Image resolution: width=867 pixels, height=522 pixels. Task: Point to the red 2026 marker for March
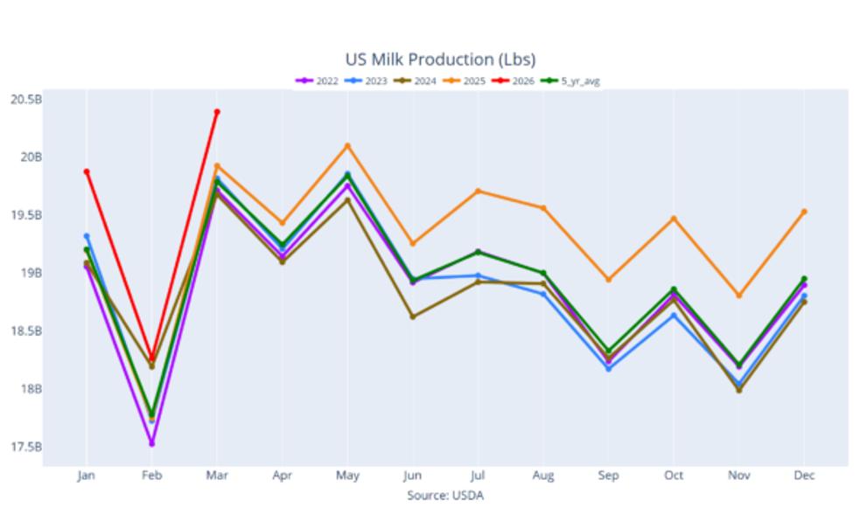click(x=217, y=112)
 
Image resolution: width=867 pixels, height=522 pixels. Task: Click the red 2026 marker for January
click(x=87, y=171)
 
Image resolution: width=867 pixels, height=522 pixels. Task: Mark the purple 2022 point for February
click(x=151, y=443)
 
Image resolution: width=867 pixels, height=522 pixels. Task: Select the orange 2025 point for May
click(x=347, y=146)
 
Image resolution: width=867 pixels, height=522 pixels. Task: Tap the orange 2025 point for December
click(x=804, y=212)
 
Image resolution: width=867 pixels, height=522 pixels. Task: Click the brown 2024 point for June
click(x=413, y=317)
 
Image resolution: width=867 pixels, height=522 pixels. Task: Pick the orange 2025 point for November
click(x=739, y=296)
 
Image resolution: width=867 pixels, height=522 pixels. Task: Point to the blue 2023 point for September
click(x=608, y=368)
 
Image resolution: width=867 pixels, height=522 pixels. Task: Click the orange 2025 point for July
click(x=478, y=191)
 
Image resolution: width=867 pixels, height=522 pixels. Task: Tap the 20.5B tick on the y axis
click(x=26, y=100)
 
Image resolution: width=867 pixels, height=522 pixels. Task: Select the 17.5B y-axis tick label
click(x=26, y=447)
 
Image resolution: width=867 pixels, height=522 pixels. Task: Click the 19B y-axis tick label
click(x=31, y=273)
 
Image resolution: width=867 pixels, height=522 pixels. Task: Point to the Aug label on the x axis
click(x=543, y=476)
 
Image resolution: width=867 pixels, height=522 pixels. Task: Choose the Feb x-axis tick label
click(x=151, y=476)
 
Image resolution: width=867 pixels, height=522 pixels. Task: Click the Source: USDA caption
click(x=445, y=496)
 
